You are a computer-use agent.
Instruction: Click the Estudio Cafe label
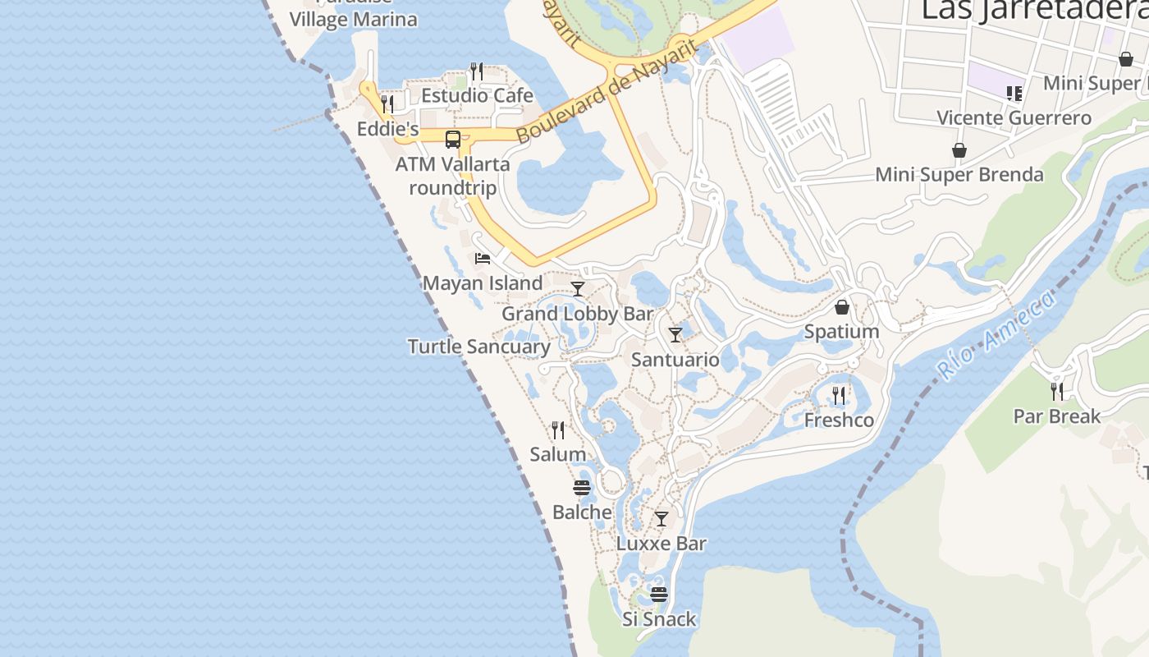(477, 95)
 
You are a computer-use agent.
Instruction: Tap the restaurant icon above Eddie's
(387, 103)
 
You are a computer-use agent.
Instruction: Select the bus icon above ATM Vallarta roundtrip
(453, 139)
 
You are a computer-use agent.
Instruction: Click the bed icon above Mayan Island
(483, 258)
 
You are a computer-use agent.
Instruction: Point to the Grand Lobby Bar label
(577, 314)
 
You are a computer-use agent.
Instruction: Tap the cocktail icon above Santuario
(675, 335)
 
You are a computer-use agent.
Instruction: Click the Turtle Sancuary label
(479, 347)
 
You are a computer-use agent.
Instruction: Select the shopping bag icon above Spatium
(842, 307)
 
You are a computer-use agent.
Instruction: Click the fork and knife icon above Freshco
(839, 396)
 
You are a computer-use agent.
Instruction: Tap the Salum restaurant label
(558, 454)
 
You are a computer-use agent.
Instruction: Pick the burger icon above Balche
(582, 488)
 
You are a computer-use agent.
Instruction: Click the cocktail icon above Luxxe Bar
(661, 519)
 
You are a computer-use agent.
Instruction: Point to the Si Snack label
(659, 619)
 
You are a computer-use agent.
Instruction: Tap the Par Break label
(1057, 416)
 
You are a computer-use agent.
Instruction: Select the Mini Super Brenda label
(959, 175)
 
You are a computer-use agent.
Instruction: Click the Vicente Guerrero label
(1014, 117)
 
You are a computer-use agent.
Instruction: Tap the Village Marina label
(354, 20)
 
